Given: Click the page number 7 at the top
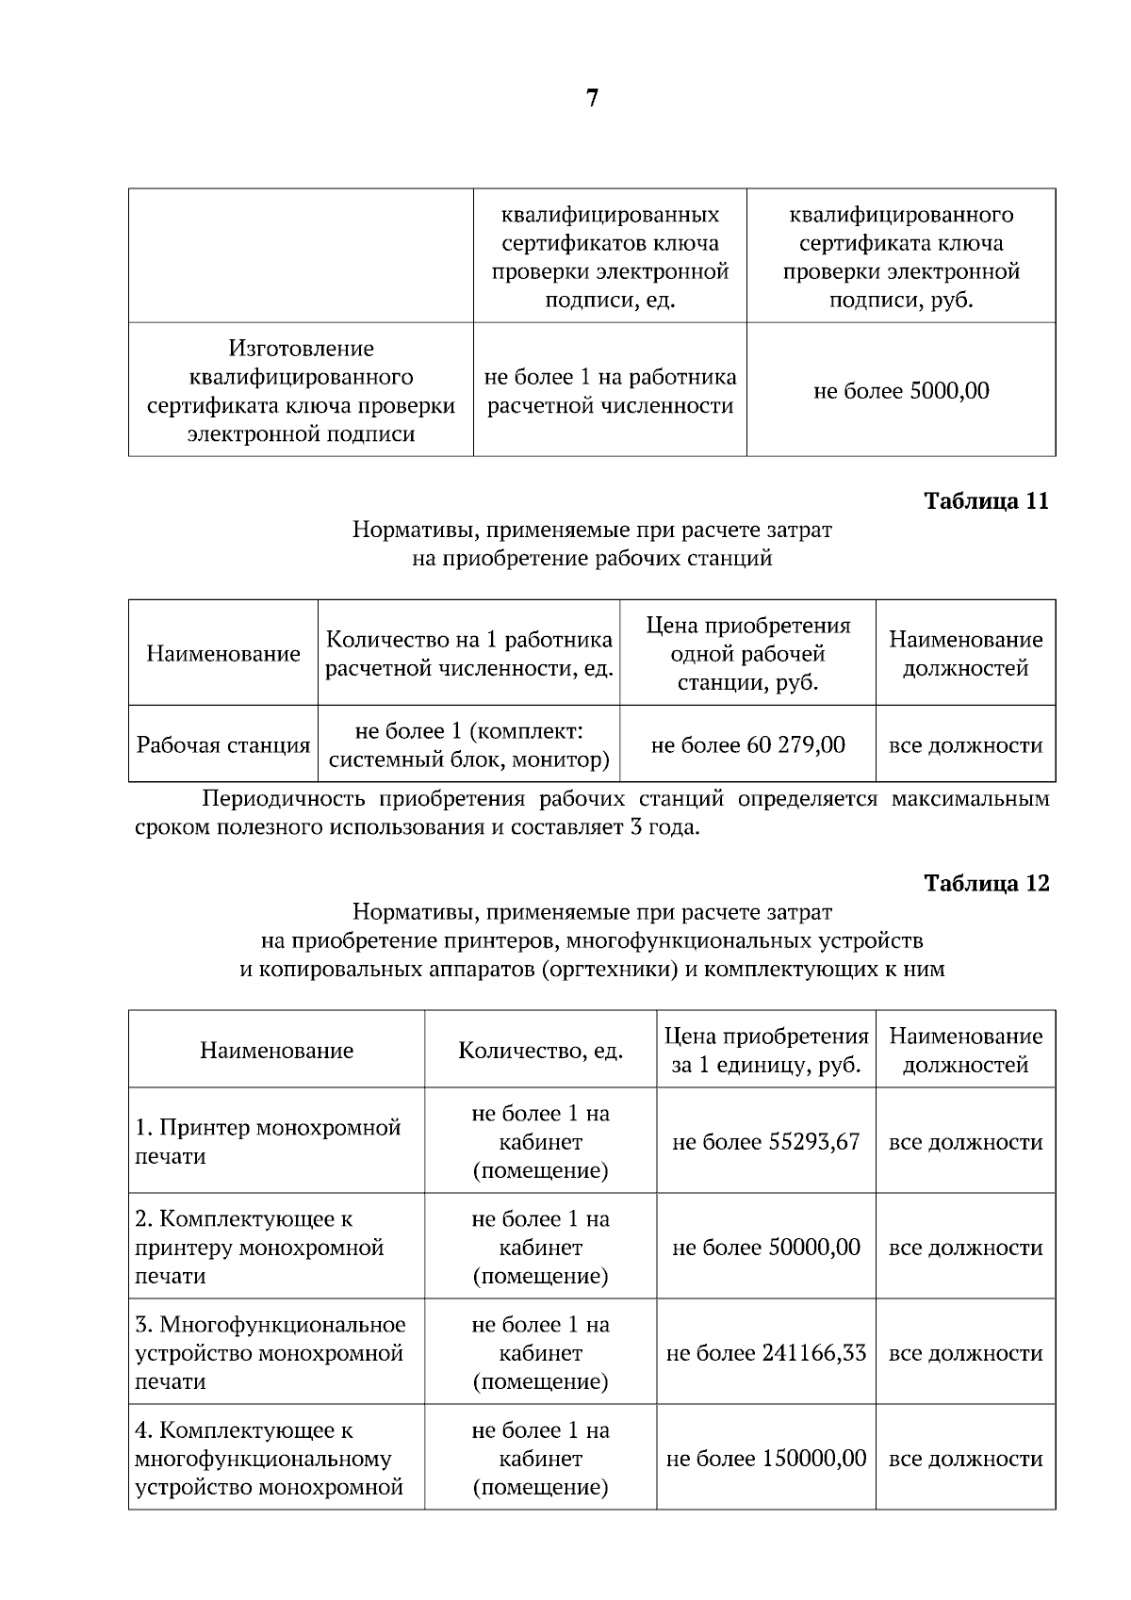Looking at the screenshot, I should coord(592,99).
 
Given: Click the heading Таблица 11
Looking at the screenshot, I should coord(986,500).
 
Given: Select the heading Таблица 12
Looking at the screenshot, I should coord(986,883).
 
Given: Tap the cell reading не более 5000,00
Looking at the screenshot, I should coord(901,391).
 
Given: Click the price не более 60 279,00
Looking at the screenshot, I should coord(747,745).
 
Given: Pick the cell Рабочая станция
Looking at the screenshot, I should coord(223,745).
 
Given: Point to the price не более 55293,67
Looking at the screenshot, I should coord(765,1142).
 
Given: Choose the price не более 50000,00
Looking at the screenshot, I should coord(765,1248).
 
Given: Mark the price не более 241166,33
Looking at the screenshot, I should coord(765,1353).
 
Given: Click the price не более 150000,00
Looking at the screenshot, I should coord(765,1459).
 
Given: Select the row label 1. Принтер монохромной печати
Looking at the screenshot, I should coord(268,1142).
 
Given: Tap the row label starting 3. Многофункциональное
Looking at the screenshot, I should coord(270,1353).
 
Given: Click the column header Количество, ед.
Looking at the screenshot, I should coord(540,1051).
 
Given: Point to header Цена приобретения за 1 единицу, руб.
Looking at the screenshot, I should coord(765,1051).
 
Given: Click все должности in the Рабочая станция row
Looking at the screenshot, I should coord(965,745).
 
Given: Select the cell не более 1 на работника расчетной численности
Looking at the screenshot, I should coord(610,391).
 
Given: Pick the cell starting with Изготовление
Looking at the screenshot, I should coord(301,391).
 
